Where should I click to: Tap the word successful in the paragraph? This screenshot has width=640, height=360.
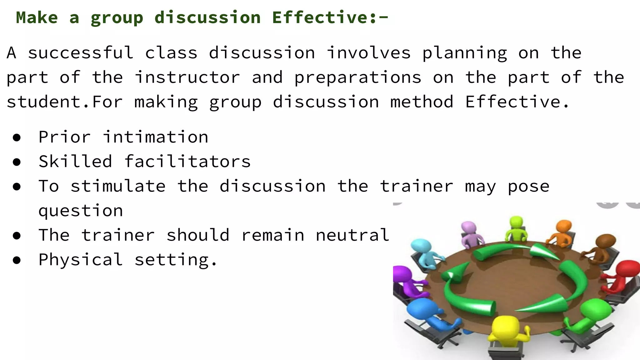click(x=81, y=52)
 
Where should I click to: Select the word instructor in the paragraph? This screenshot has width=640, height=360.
click(x=187, y=77)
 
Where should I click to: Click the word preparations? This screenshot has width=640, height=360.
click(x=358, y=77)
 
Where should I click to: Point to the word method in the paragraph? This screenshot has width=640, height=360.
click(x=422, y=102)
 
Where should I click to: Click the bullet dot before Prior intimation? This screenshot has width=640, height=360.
click(x=17, y=137)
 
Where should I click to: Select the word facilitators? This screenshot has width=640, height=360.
click(x=187, y=161)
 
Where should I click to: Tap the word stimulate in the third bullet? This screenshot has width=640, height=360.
click(x=118, y=186)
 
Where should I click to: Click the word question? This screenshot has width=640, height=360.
click(x=81, y=211)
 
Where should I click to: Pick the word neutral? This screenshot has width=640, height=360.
click(x=352, y=235)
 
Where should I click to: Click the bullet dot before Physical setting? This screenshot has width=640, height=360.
click(x=17, y=260)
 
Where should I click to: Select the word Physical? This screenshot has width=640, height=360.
click(x=81, y=259)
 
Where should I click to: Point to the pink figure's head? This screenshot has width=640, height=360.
click(x=469, y=227)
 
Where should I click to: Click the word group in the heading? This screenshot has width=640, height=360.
click(x=117, y=18)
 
